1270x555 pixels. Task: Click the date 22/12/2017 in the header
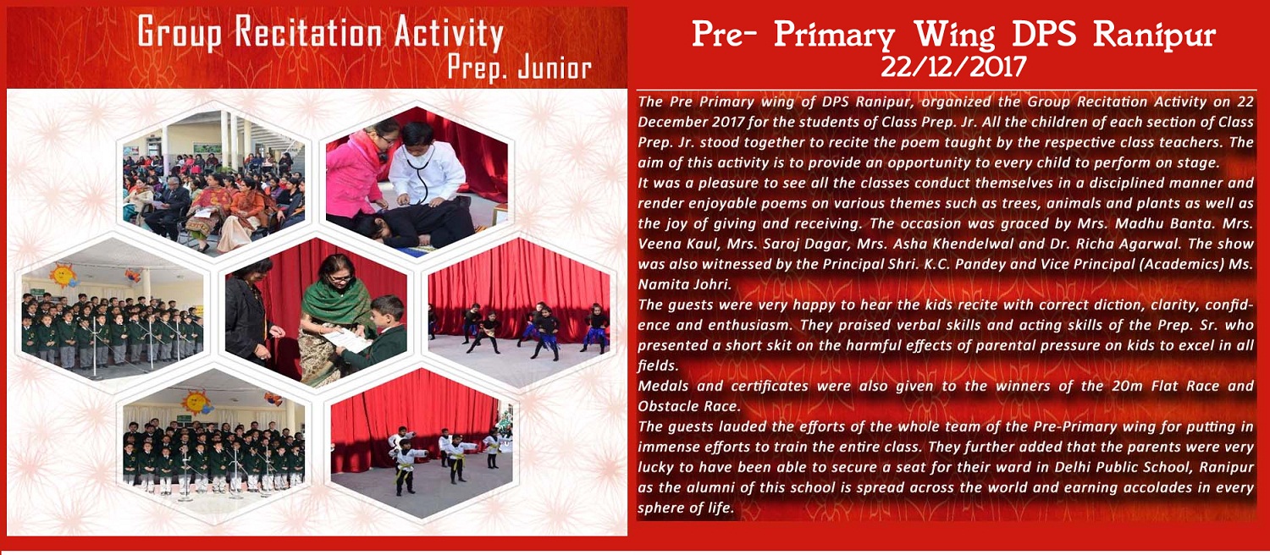click(952, 66)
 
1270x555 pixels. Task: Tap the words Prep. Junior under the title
click(519, 69)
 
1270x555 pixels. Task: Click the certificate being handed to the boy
click(347, 340)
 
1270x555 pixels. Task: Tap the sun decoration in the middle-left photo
click(63, 276)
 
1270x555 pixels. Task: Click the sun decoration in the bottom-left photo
click(196, 402)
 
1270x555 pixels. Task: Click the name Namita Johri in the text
click(685, 285)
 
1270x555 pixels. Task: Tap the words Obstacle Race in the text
click(688, 407)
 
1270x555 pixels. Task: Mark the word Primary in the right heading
click(834, 36)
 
